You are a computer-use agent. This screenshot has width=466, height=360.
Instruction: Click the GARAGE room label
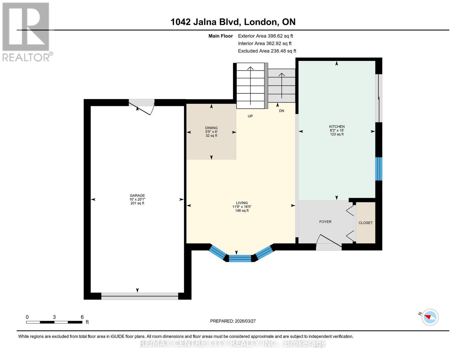[x=137, y=196]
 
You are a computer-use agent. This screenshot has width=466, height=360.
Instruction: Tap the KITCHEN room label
[x=337, y=127]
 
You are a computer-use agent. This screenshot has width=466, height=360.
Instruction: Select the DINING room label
[x=211, y=128]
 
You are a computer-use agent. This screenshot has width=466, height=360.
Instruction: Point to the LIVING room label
[x=242, y=203]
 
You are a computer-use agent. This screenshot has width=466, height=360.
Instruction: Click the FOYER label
[x=325, y=222]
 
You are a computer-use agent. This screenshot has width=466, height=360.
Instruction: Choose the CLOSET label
[x=365, y=223]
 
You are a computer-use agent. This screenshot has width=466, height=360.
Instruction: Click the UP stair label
[x=250, y=116]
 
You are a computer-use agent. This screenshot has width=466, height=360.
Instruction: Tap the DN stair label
[x=281, y=111]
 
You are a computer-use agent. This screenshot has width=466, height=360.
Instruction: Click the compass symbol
[x=430, y=317]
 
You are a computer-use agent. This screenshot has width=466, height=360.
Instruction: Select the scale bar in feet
[x=54, y=322]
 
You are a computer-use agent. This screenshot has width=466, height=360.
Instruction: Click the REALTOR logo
[x=26, y=31]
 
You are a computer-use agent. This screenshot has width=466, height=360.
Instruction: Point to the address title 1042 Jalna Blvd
[x=233, y=22]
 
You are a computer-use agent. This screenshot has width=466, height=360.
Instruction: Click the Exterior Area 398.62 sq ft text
[x=265, y=36]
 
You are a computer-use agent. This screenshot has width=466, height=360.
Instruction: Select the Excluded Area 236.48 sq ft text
[x=267, y=51]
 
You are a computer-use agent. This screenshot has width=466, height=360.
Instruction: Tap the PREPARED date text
[x=233, y=321]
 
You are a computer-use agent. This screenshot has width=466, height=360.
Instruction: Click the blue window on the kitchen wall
[x=379, y=169]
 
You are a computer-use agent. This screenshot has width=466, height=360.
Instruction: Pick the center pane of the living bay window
[x=240, y=258]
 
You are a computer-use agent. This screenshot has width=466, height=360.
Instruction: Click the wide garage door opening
[x=140, y=296]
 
